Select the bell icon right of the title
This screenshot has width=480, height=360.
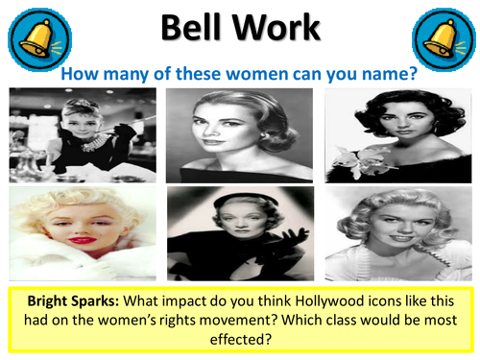444,38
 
